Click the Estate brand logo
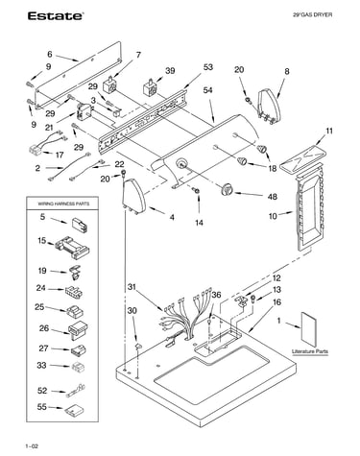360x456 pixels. [56, 16]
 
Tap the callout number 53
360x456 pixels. [207, 67]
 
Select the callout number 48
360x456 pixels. [272, 196]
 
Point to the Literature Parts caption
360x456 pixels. [310, 351]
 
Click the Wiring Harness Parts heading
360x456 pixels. [63, 204]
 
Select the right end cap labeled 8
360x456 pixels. [269, 106]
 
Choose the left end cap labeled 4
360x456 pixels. [133, 196]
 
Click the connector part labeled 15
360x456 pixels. [72, 248]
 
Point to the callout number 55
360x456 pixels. [42, 407]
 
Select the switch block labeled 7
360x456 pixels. [109, 84]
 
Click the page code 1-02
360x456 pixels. [32, 446]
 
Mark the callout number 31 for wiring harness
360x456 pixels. [132, 287]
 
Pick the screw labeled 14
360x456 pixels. [196, 191]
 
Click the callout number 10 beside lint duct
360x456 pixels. [273, 216]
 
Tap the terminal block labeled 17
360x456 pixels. [36, 150]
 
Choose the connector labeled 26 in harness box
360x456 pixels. [78, 328]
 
